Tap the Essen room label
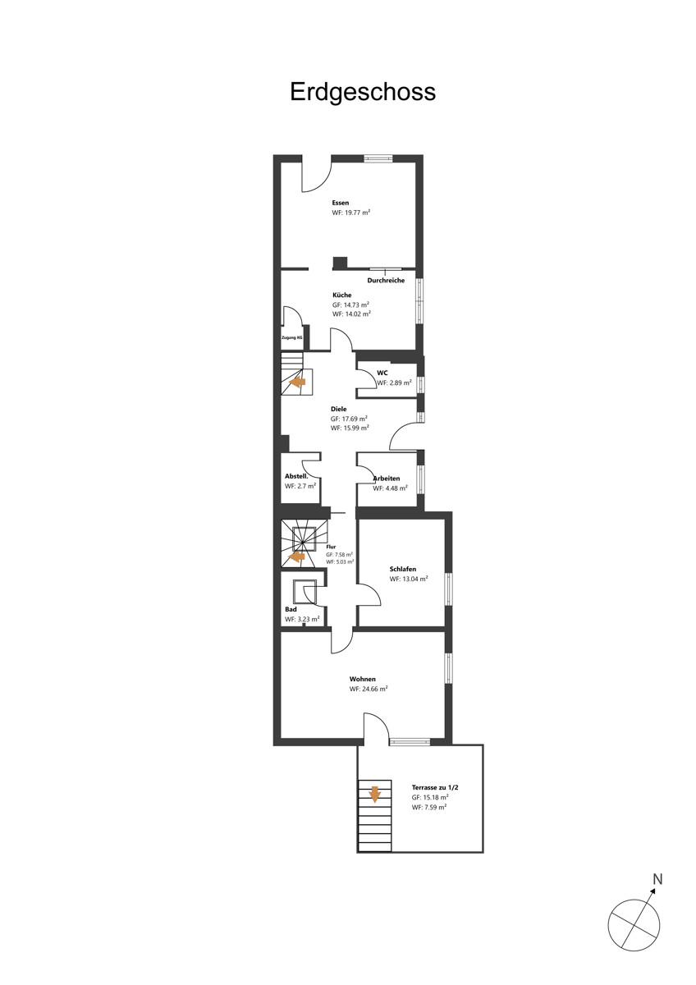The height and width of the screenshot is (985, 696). [x=341, y=203]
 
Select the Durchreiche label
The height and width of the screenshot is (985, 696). [x=386, y=281]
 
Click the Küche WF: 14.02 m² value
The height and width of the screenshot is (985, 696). [x=352, y=314]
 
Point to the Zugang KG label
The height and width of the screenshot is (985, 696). [x=292, y=337]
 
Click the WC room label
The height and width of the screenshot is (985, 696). [x=382, y=373]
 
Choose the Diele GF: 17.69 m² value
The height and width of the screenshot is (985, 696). [x=349, y=419]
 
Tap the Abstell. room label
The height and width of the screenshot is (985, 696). [x=296, y=476]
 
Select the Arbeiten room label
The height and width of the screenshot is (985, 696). [x=387, y=479]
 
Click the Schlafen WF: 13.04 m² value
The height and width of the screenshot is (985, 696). [x=409, y=580]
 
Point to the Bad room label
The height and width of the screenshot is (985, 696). [x=291, y=609]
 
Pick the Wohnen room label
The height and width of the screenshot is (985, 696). [x=362, y=680]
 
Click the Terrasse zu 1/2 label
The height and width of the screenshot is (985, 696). [x=435, y=787]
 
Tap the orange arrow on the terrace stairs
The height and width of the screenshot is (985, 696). [x=374, y=795]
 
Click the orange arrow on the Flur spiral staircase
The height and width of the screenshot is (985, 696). [x=296, y=557]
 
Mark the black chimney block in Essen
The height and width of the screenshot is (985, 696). [x=340, y=263]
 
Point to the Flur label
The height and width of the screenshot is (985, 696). [x=331, y=547]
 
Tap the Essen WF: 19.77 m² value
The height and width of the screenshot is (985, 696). [x=350, y=213]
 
